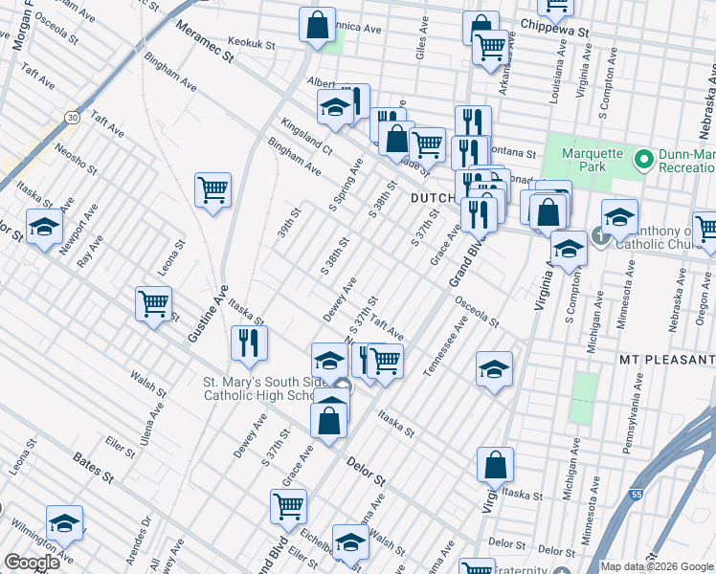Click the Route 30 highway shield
(x=72, y=117)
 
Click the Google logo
(x=32, y=563)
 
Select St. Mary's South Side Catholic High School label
(x=257, y=388)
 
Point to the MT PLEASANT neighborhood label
(x=667, y=359)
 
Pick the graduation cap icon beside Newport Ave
(x=44, y=228)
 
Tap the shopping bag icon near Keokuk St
(x=317, y=24)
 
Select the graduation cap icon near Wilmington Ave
(x=64, y=522)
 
